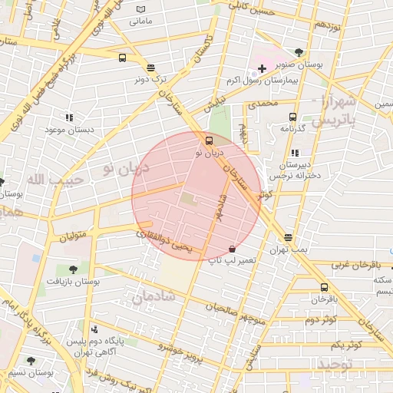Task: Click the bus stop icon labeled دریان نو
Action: click(209, 140)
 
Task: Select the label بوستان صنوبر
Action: click(330, 65)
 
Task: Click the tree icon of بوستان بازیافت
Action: click(73, 269)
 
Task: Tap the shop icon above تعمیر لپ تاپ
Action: click(232, 249)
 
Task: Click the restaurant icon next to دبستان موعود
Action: click(69, 118)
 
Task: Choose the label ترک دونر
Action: click(150, 78)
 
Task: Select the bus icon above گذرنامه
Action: click(292, 117)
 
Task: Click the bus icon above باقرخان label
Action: click(323, 287)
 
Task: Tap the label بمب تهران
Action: click(288, 250)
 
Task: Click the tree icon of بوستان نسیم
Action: click(31, 361)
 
